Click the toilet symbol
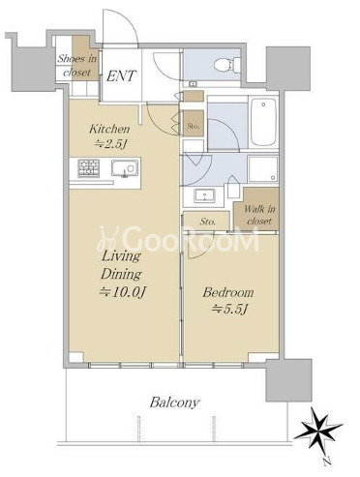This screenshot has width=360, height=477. [228, 64]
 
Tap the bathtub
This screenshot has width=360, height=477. [264, 122]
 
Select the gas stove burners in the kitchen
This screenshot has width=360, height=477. [88, 168]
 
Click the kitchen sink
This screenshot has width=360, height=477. [125, 168]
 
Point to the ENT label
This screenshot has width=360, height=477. [121, 76]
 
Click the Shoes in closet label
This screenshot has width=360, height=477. [77, 66]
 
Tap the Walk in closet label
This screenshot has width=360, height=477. [259, 215]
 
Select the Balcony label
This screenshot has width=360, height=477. [174, 402]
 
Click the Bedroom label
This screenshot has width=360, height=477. [228, 292]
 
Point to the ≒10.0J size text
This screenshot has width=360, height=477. [122, 292]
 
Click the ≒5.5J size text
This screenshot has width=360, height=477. [229, 310]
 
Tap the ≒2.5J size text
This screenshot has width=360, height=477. [109, 144]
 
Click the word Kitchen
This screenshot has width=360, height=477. [109, 129]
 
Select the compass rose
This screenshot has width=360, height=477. [317, 429]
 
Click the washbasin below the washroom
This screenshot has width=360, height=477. [203, 196]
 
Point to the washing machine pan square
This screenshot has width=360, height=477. [263, 169]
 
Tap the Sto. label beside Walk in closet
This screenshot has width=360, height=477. [208, 222]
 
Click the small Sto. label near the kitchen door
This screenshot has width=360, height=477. [194, 126]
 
